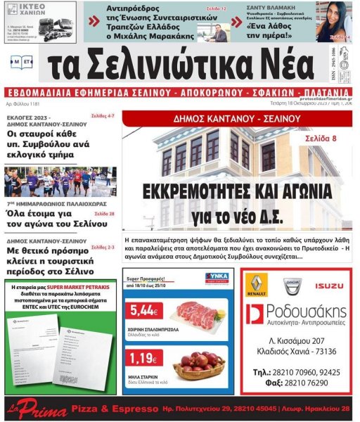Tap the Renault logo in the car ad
tap(256, 286)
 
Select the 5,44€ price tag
tap(143, 310)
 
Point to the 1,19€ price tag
tap(143, 358)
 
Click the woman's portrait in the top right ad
tap(334, 22)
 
